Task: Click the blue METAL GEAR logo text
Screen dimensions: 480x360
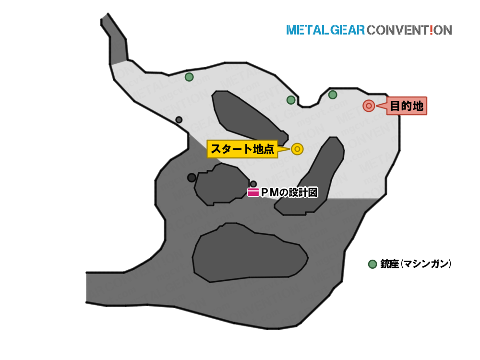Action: click(x=325, y=30)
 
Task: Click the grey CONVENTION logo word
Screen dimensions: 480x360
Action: click(x=409, y=30)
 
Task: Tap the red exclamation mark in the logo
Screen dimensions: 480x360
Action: click(x=432, y=30)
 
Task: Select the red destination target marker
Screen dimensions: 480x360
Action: click(x=369, y=106)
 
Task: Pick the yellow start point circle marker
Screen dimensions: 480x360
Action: click(x=297, y=149)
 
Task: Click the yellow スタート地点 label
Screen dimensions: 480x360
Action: click(x=242, y=149)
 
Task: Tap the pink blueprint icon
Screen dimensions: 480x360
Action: click(x=253, y=192)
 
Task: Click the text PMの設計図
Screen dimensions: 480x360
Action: click(x=289, y=192)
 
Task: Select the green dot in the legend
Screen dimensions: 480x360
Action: click(x=372, y=264)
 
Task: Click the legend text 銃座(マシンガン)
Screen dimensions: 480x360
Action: click(x=416, y=264)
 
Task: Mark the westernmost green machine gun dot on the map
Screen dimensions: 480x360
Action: click(x=189, y=77)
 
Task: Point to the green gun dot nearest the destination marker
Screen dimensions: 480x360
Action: click(x=333, y=95)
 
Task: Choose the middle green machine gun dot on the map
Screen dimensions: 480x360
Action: click(x=291, y=100)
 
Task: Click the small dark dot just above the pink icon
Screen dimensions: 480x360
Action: click(x=253, y=184)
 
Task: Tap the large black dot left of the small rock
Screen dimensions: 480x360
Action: click(x=192, y=178)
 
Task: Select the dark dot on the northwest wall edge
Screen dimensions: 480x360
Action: click(x=179, y=120)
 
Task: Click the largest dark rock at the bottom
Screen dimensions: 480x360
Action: click(x=250, y=252)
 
